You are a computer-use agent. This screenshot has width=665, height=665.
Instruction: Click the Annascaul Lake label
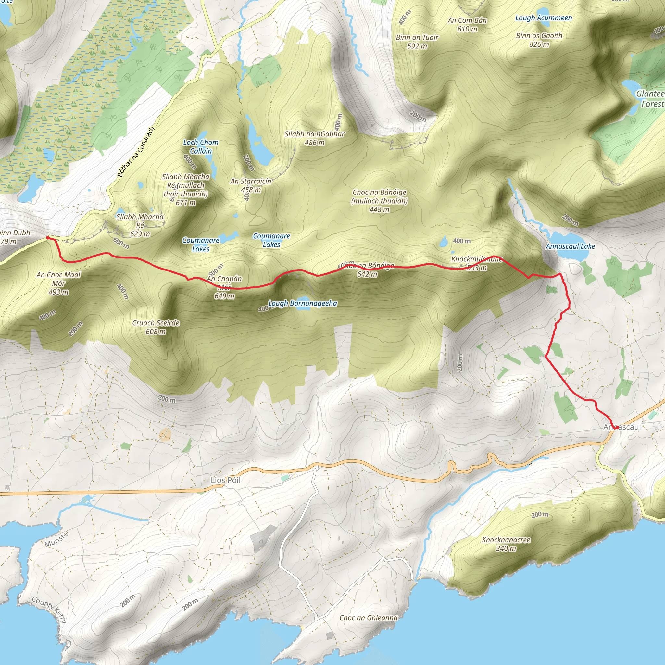click(x=570, y=246)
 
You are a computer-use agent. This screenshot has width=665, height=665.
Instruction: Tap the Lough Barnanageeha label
click(x=303, y=303)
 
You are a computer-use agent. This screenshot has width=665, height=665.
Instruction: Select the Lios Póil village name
click(x=225, y=480)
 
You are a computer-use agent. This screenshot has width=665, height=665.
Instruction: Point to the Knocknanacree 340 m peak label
click(x=506, y=544)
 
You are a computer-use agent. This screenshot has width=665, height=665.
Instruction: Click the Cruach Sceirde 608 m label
click(x=156, y=327)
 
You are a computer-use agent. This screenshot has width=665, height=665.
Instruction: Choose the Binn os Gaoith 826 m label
click(x=539, y=40)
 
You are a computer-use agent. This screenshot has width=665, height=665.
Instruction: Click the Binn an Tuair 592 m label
click(x=417, y=42)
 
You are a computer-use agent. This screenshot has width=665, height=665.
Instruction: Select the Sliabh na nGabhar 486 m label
click(x=315, y=138)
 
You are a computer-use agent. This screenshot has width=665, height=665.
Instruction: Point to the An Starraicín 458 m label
click(x=251, y=185)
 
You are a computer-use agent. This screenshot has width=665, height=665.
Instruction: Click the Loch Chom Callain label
click(x=201, y=147)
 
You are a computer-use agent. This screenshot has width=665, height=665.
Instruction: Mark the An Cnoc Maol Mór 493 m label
click(x=58, y=283)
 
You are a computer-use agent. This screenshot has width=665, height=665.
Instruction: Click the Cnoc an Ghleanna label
click(x=368, y=618)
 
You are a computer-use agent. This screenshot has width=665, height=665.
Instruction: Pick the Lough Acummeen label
click(x=544, y=18)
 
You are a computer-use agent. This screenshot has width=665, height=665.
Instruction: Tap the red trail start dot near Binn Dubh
click(x=48, y=237)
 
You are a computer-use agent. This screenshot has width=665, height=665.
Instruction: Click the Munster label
click(x=57, y=539)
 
